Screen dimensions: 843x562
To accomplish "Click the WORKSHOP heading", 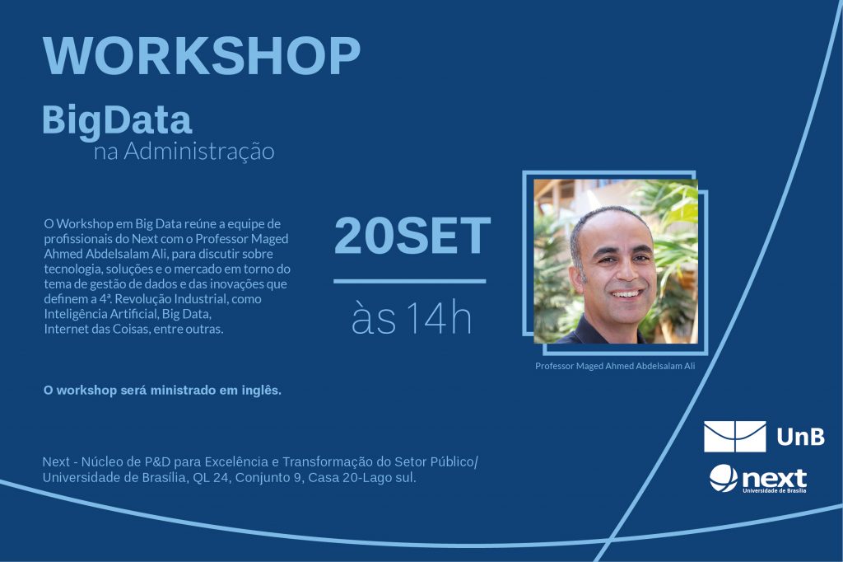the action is pos(202,57).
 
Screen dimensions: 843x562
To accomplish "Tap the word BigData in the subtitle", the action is pos(117,121).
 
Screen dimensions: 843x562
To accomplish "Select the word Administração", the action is pos(199,151).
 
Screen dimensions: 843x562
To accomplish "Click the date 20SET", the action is pos(412,236).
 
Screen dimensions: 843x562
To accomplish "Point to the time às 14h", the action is pos(412,318).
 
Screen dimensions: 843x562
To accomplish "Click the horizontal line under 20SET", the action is pos(410,281).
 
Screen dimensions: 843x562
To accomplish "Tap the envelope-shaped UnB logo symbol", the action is pos(735,437).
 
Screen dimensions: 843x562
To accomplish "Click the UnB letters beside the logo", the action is pos(801,437).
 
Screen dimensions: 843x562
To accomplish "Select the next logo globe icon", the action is pos(723,478).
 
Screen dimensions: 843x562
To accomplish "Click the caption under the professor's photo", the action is pos(615,366).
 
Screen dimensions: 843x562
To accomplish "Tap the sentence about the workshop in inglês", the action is pos(162,391).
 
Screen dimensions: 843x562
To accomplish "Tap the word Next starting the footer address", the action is pos(57,461).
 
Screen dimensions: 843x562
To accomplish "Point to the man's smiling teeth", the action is pos(626,294).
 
